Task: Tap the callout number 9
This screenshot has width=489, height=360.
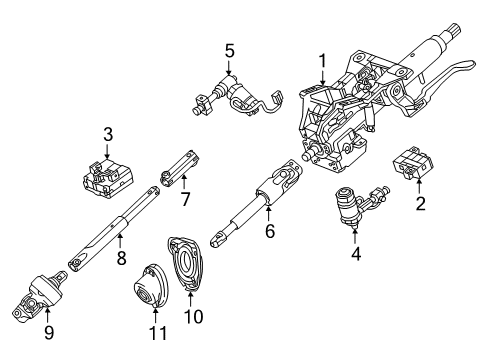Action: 44,341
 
